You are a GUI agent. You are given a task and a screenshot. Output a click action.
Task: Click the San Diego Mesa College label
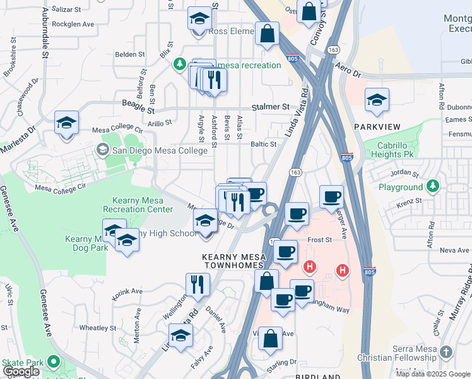click(159, 150)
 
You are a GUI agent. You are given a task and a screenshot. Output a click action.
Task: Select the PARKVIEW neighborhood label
click(377, 127)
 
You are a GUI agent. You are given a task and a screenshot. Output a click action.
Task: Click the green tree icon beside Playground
click(432, 186)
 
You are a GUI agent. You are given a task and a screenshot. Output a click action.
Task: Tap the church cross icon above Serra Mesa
click(446, 351)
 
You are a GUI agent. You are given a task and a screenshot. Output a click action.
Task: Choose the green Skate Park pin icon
click(54, 363)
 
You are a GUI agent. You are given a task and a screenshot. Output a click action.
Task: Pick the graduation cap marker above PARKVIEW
click(377, 100)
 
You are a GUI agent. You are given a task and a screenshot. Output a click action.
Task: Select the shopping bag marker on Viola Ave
click(270, 337)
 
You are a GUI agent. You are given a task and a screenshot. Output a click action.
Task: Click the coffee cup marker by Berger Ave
click(331, 196)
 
